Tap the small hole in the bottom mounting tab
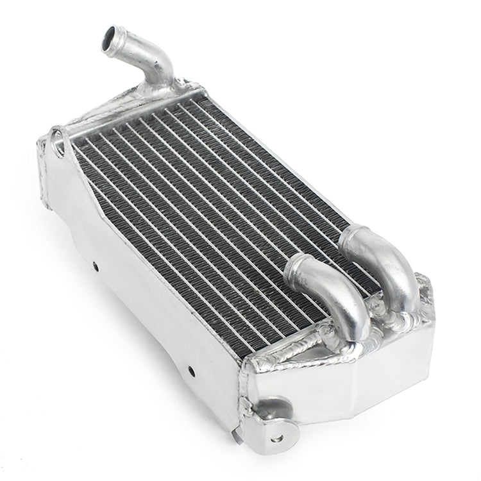point(277,439)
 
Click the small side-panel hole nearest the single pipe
point(96,264)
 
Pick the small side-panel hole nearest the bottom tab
point(190,370)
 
